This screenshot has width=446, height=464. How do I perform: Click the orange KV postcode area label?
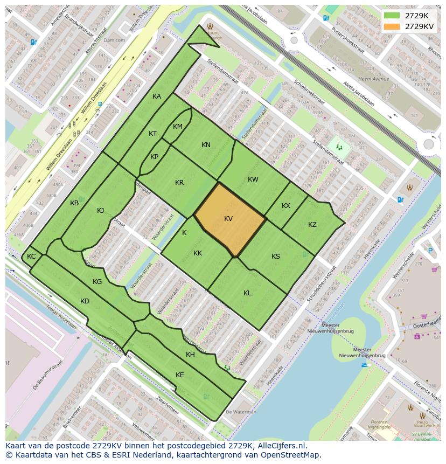click(x=228, y=218)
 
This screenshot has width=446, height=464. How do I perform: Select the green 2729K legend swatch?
click(x=392, y=16)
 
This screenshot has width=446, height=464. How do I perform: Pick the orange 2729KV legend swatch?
click(x=392, y=26)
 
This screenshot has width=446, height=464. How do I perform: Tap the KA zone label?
click(x=157, y=96)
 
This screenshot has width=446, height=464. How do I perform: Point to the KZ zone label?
click(x=312, y=224)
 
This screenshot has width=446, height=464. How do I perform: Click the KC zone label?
click(x=31, y=256)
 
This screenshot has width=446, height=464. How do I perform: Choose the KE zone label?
click(x=180, y=375)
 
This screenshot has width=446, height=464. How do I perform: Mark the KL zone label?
click(x=247, y=293)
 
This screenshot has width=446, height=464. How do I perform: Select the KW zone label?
click(x=253, y=179)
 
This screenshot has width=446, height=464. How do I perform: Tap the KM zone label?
click(x=178, y=126)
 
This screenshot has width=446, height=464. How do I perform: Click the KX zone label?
click(x=286, y=206)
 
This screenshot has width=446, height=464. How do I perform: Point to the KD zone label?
click(x=85, y=301)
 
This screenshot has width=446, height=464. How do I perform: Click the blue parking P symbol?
click(x=430, y=250)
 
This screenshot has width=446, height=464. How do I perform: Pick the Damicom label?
click(x=114, y=40)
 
